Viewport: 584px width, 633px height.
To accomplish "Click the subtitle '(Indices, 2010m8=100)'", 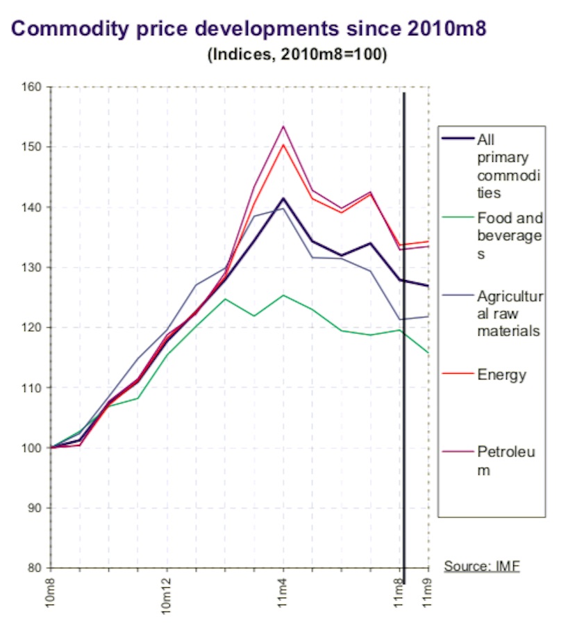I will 297,56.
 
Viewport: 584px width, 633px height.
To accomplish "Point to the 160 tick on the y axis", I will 34,87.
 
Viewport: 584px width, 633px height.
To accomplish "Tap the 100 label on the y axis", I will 34,447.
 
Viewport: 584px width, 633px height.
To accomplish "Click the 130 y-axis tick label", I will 34,267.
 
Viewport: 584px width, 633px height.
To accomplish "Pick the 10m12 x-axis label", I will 167,595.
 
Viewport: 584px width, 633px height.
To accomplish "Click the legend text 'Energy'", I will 501,375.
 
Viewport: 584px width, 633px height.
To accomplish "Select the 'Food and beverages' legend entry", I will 509,236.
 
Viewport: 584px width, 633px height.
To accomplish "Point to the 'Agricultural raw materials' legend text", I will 509,314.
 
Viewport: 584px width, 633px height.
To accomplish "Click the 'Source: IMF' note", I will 482,566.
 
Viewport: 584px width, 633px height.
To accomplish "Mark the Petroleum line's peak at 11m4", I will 283,126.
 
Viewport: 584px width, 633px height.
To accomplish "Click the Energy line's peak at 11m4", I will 283,144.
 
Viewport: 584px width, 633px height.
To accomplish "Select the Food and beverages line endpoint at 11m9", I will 428,353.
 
